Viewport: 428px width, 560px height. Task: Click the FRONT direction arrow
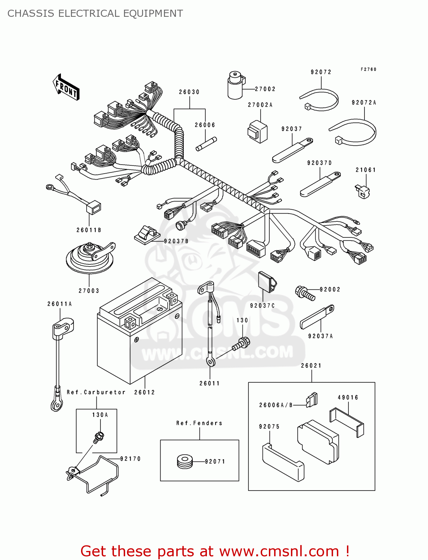(66, 87)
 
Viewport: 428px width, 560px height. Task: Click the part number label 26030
(189, 92)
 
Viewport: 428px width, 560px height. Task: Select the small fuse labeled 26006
(206, 144)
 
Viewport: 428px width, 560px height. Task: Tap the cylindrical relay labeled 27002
(236, 85)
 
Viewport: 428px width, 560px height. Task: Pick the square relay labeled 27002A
(258, 132)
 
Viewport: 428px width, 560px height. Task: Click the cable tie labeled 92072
(320, 100)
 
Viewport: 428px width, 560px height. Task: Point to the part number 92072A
(364, 103)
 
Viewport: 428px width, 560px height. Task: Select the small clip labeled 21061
(362, 191)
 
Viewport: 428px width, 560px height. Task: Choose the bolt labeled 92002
(305, 293)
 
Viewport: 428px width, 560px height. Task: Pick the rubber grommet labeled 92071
(185, 461)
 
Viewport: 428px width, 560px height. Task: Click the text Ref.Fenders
(199, 423)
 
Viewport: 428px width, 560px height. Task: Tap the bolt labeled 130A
(99, 437)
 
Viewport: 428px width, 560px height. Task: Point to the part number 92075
(269, 427)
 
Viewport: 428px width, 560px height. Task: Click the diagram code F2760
(368, 69)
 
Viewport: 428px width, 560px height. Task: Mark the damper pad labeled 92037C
(267, 282)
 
